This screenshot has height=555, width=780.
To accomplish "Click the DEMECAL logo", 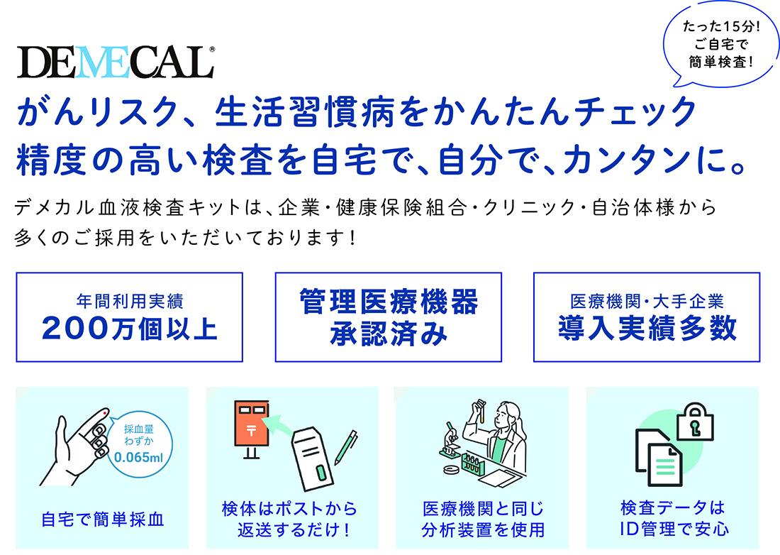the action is pyautogui.click(x=116, y=62).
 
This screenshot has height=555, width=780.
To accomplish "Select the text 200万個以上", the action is pyautogui.click(x=130, y=329).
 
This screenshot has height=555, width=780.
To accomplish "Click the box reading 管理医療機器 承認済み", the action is pyautogui.click(x=389, y=317).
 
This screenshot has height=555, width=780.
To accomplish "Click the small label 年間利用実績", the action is pyautogui.click(x=130, y=301).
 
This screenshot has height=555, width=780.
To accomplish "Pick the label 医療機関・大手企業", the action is pyautogui.click(x=647, y=301).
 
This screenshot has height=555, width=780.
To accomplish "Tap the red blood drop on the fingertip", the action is pyautogui.click(x=104, y=412).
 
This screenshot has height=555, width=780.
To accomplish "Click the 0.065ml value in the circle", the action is pyautogui.click(x=138, y=457).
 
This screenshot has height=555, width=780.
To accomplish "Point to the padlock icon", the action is pyautogui.click(x=696, y=422).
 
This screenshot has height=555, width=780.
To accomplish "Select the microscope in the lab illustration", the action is pyautogui.click(x=452, y=440).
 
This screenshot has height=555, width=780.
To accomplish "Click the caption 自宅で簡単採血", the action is pyautogui.click(x=103, y=520).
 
